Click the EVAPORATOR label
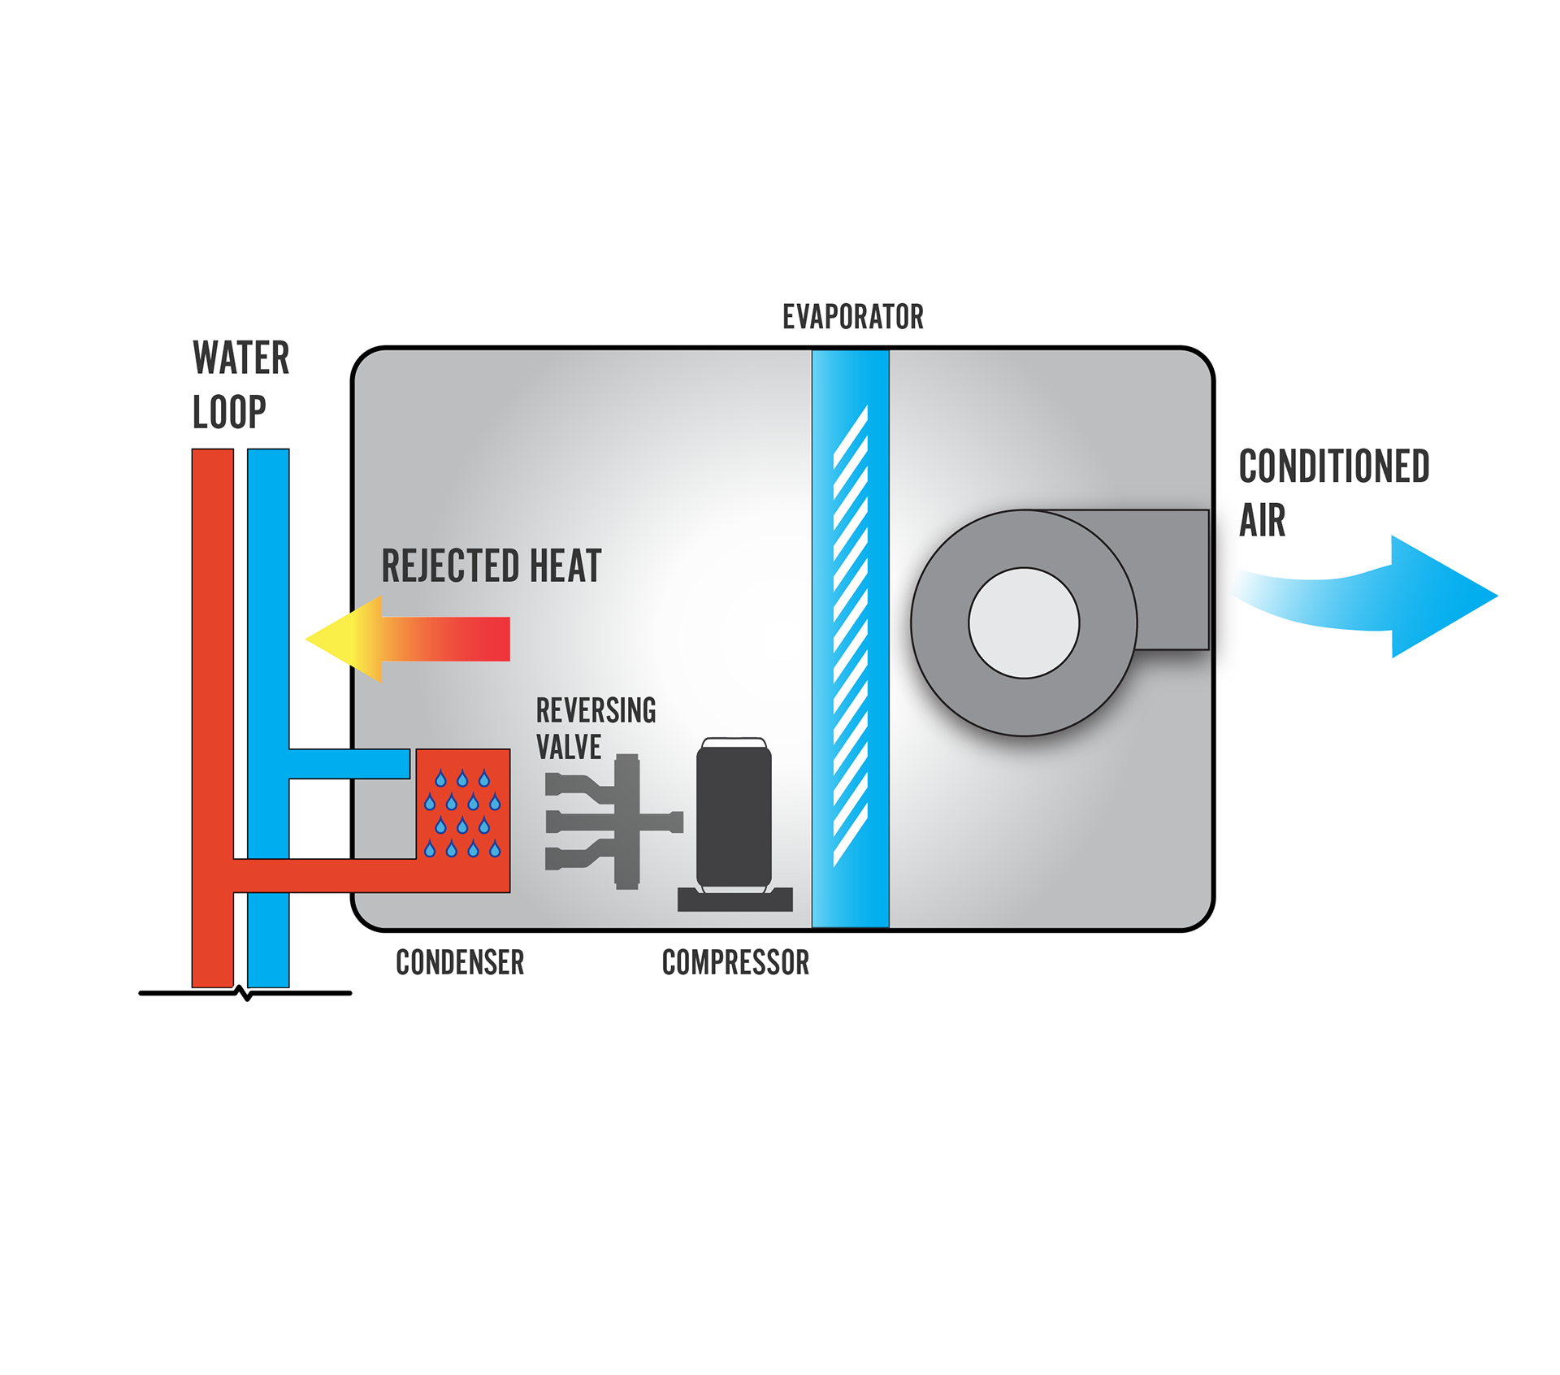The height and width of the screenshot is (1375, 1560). (x=852, y=317)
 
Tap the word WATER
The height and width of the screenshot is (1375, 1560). (x=240, y=358)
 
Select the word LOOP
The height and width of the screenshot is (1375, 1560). (x=229, y=412)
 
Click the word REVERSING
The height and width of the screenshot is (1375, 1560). (x=596, y=711)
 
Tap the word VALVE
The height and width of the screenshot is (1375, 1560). (x=569, y=748)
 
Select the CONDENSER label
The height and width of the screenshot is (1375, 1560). (x=460, y=963)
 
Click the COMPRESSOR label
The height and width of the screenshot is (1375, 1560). (x=735, y=963)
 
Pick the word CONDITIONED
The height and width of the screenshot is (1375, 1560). (x=1333, y=466)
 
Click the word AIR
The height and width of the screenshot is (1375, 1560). (x=1262, y=521)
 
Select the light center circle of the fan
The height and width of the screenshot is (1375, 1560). (x=1024, y=623)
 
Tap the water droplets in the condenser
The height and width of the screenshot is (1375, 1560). (x=462, y=813)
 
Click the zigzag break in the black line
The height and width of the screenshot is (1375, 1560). (x=245, y=993)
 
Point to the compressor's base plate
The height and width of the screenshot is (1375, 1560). (x=735, y=900)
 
